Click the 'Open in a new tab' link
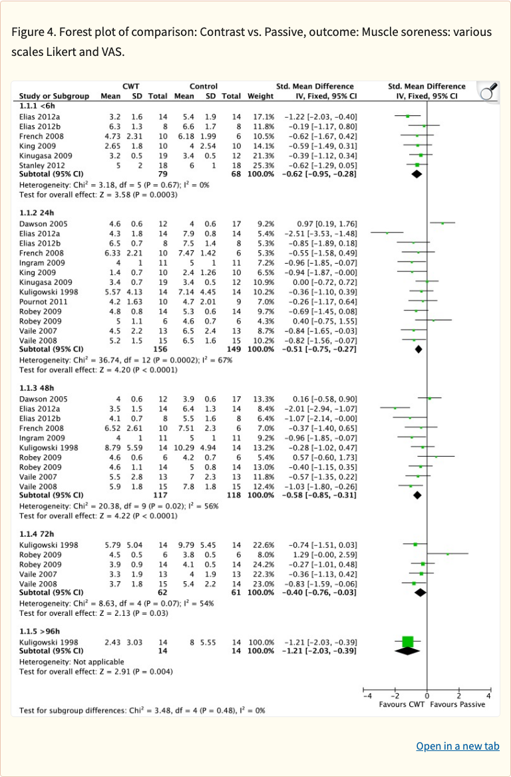(457, 746)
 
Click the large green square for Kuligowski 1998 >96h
(408, 641)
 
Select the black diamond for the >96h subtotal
(408, 650)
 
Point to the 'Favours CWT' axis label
(402, 704)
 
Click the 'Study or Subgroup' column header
(54, 96)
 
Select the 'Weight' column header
(260, 96)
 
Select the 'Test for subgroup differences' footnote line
(142, 710)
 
